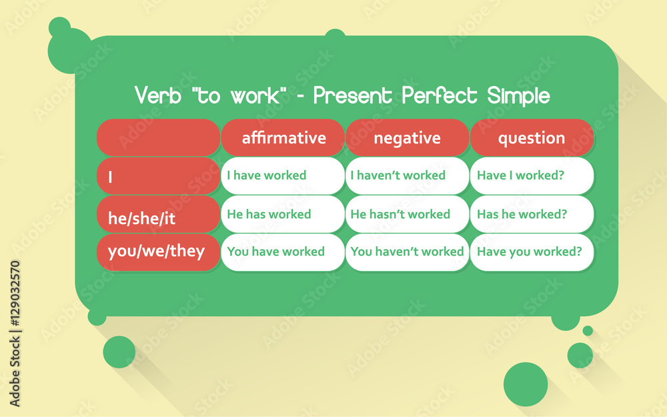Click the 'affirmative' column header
click(x=283, y=138)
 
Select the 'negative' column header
click(x=407, y=138)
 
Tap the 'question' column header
click(x=532, y=138)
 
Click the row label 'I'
click(x=158, y=177)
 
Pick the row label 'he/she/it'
click(x=158, y=215)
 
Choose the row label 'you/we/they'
click(x=158, y=252)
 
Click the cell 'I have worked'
click(x=283, y=175)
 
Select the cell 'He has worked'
click(x=283, y=214)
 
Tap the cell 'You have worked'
click(x=283, y=252)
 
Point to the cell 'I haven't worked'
click(x=407, y=175)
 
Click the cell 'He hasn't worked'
click(x=407, y=214)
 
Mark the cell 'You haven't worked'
click(x=407, y=252)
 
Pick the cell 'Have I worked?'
click(x=532, y=175)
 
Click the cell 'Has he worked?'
click(x=532, y=214)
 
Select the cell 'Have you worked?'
click(x=532, y=252)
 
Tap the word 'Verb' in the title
click(x=158, y=95)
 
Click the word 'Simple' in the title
click(x=518, y=95)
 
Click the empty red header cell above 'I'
click(x=158, y=138)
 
